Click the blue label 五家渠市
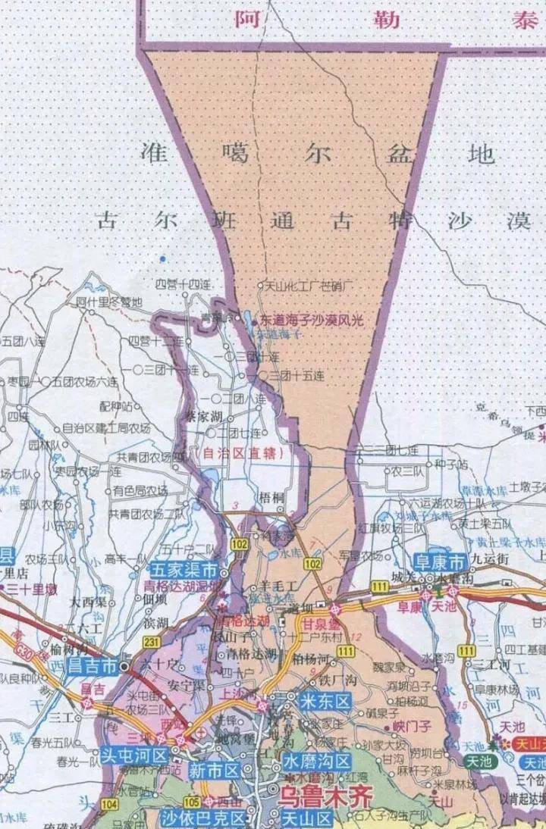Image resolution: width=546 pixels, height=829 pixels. pos(184,570)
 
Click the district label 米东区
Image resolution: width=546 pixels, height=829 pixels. pos(325,701)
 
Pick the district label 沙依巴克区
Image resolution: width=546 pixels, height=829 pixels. pos(203,818)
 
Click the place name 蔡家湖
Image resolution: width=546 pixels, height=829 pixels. pos(204,416)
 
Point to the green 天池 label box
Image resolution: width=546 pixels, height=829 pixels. pos(479,761)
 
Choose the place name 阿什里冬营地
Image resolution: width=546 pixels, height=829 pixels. pos(110,302)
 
